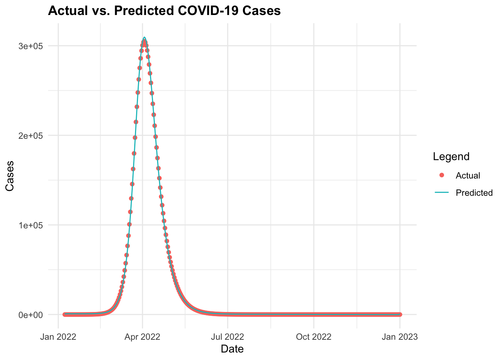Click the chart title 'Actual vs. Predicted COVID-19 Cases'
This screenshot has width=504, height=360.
[x=164, y=11]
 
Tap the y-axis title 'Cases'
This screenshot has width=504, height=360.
[x=10, y=176]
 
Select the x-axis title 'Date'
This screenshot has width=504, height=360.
[x=232, y=349]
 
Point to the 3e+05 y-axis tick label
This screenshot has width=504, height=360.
[x=31, y=46]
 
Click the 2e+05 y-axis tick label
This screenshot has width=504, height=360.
[x=31, y=136]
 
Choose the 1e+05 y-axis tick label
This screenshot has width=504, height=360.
[x=31, y=225]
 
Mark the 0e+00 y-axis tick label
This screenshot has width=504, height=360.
[x=31, y=315]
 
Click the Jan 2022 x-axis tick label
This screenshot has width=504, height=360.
[x=58, y=337]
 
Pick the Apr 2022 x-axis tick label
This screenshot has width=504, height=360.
[x=142, y=337]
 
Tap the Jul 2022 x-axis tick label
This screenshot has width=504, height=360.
[x=227, y=337]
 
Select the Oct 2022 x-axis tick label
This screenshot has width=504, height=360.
[x=313, y=337]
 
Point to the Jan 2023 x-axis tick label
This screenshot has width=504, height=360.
[x=400, y=337]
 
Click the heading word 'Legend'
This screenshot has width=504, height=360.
[x=451, y=157]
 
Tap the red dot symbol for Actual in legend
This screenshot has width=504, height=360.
[x=442, y=175]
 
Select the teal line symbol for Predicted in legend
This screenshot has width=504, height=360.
[x=442, y=193]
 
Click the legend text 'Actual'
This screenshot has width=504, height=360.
[x=468, y=175]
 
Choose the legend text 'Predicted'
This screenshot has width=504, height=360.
[x=474, y=193]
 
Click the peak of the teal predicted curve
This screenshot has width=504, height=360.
[x=144, y=37]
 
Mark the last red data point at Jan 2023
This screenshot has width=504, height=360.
[x=400, y=314]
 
